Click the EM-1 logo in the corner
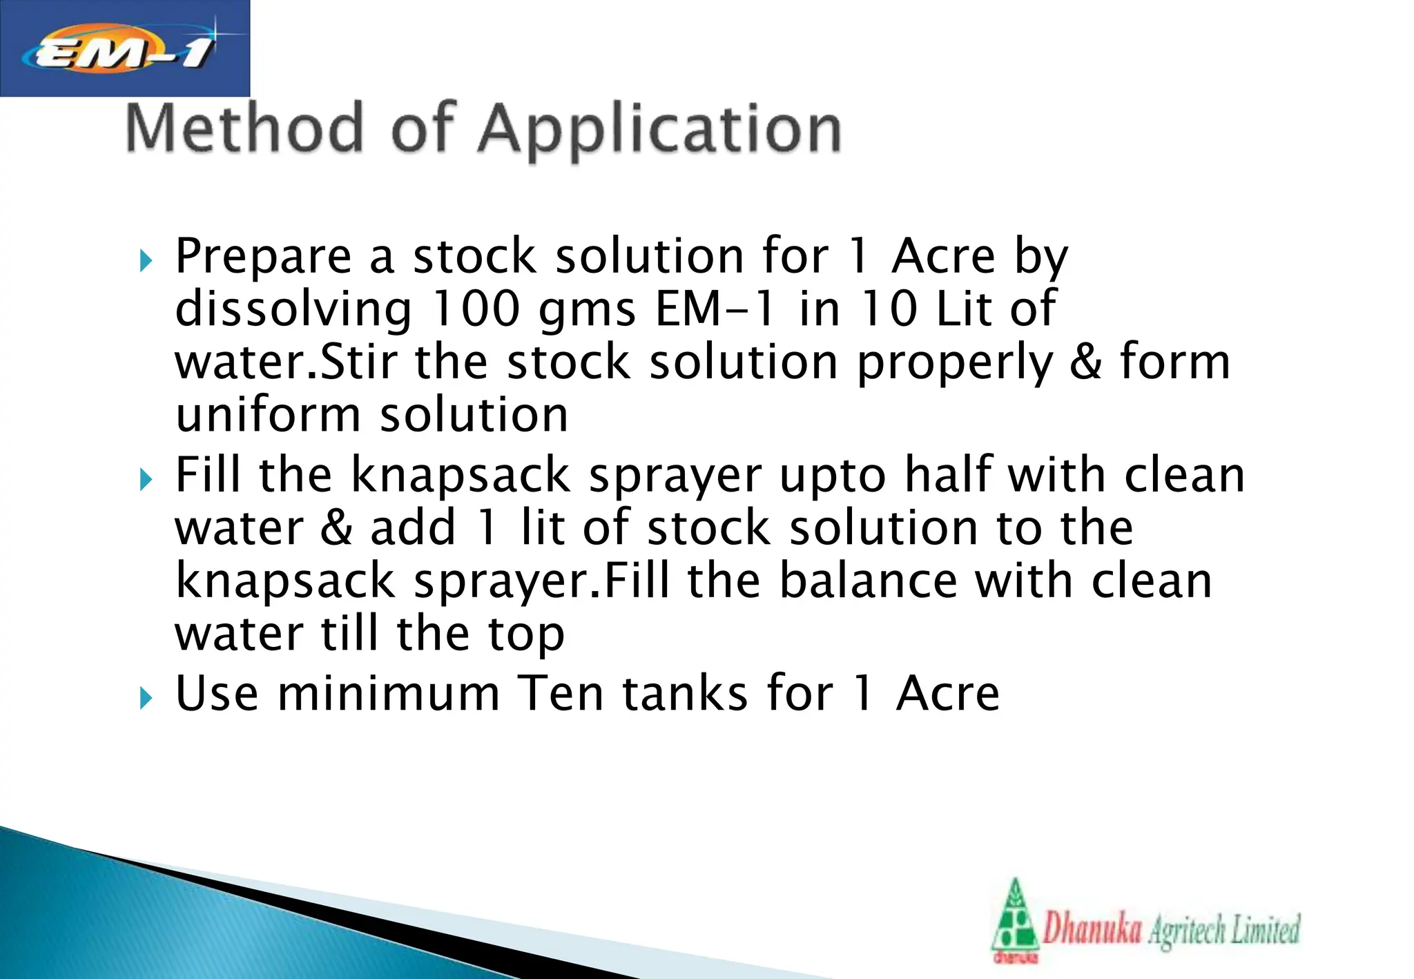click(x=124, y=48)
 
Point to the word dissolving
click(x=293, y=310)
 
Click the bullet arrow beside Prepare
click(x=145, y=261)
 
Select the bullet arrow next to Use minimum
click(x=145, y=698)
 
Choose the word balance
click(x=868, y=581)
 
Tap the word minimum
click(x=388, y=693)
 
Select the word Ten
click(x=561, y=693)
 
